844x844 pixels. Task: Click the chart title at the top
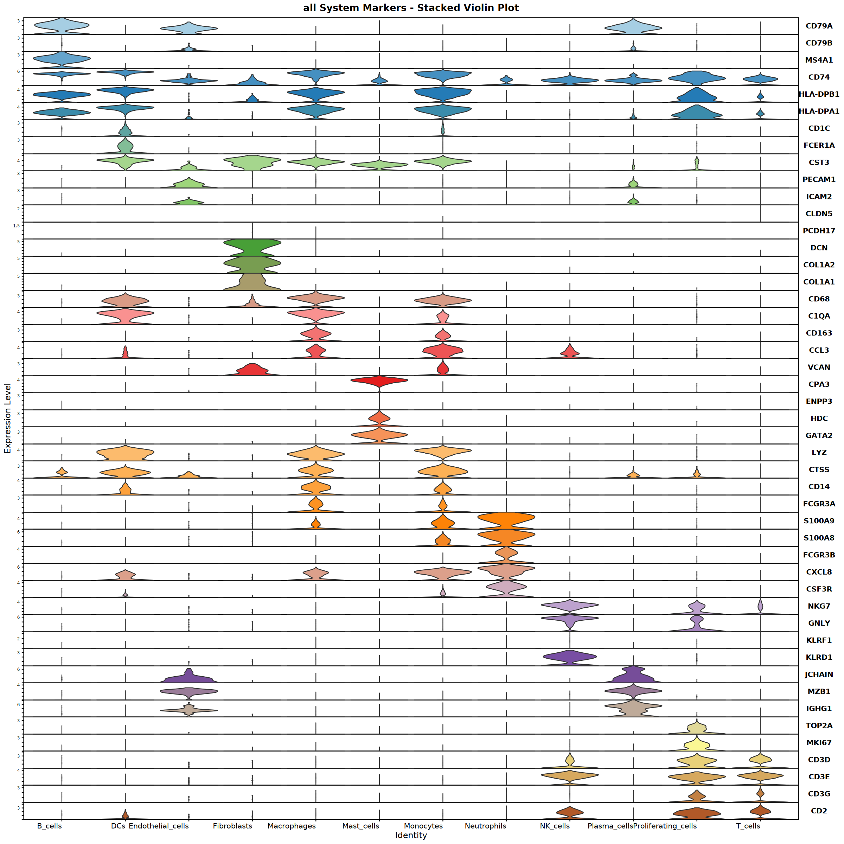click(x=411, y=8)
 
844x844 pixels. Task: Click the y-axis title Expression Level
click(x=7, y=418)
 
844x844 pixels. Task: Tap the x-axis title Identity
click(x=411, y=835)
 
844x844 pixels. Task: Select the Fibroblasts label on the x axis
click(x=232, y=826)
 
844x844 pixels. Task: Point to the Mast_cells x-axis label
click(x=360, y=826)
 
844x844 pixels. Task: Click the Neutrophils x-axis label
click(x=485, y=826)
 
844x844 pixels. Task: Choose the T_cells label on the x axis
click(x=748, y=826)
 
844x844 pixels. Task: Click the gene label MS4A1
click(x=819, y=60)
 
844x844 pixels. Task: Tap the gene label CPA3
click(x=819, y=384)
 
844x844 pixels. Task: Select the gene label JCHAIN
click(x=819, y=674)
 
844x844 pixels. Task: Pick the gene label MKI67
click(x=819, y=743)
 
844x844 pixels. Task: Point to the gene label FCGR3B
click(x=819, y=555)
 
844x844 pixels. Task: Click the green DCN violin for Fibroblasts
click(x=252, y=248)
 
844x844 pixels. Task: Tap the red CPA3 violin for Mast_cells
click(x=379, y=381)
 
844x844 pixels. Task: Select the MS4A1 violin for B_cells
click(x=62, y=59)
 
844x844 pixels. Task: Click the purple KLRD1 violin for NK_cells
click(x=570, y=657)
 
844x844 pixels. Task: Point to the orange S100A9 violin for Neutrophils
click(x=506, y=519)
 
